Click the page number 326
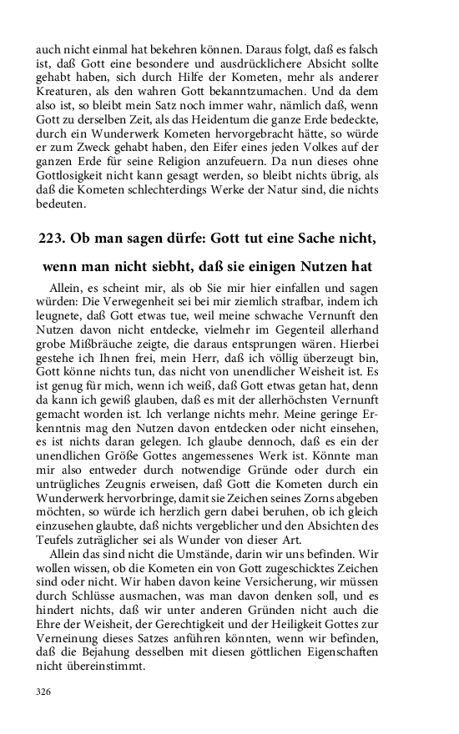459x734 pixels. click(x=44, y=691)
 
